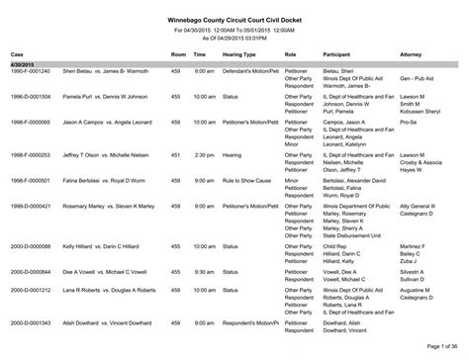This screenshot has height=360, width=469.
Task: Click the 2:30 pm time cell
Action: pyautogui.click(x=205, y=181)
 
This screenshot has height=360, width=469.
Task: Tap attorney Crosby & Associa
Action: pyautogui.click(x=416, y=189)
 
